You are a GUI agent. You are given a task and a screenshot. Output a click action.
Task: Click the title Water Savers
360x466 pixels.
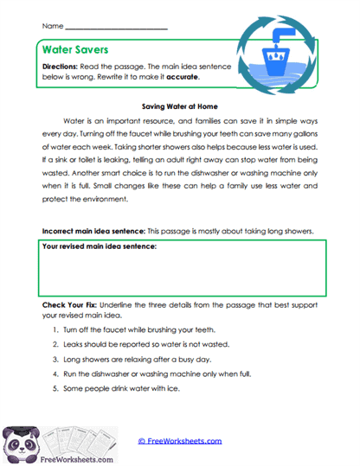pos(73,50)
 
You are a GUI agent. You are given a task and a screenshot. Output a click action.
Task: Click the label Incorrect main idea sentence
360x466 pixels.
pos(93,232)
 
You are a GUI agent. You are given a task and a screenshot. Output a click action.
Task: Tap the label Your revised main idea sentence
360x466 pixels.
pos(100,247)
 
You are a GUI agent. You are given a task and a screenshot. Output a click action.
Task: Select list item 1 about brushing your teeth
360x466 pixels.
pos(138,330)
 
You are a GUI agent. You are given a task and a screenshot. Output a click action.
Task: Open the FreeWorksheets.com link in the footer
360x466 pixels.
pos(179,440)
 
